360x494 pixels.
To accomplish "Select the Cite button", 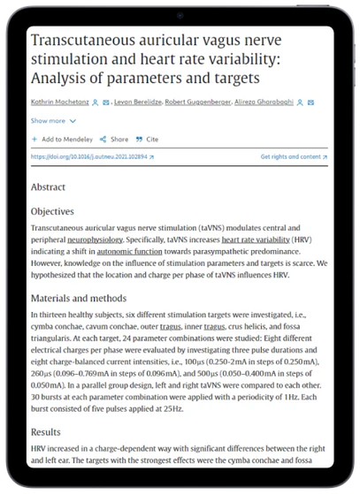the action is coord(151,139).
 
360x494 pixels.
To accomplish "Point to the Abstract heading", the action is coord(48,187).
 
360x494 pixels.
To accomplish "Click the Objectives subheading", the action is coord(52,212).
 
